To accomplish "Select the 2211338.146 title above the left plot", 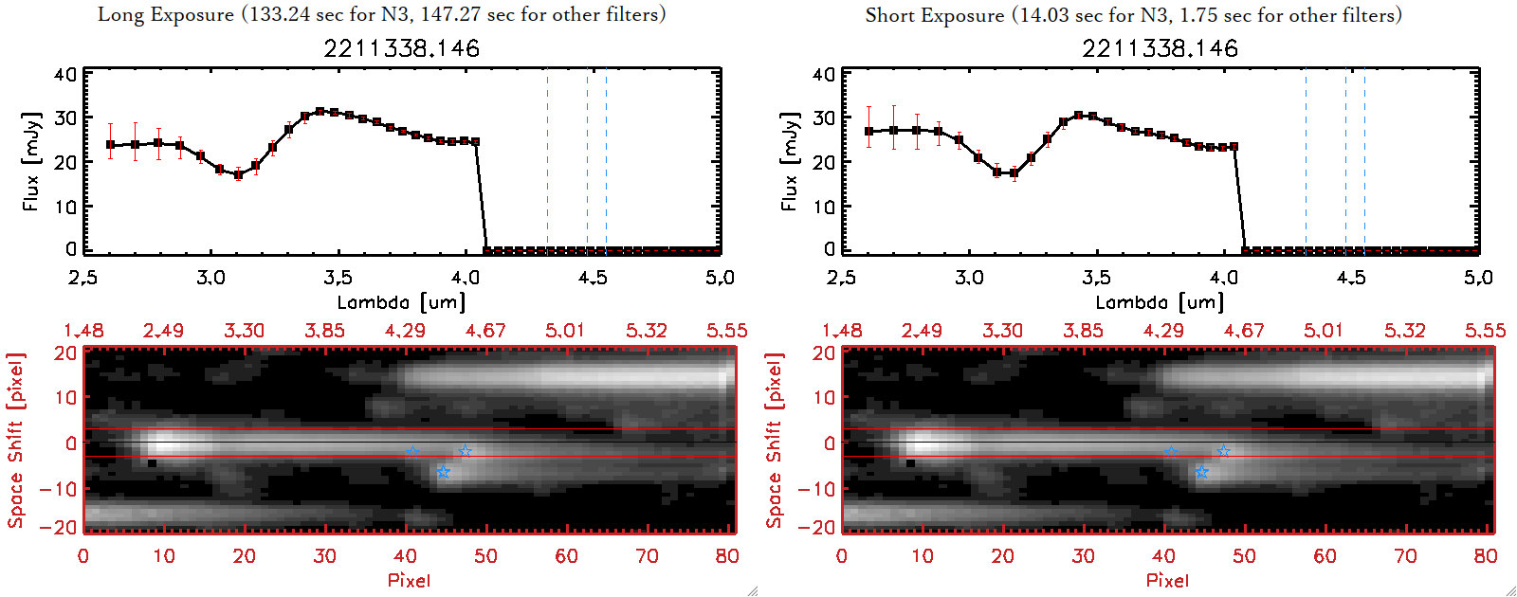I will point(401,48).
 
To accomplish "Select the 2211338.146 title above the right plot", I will point(1160,48).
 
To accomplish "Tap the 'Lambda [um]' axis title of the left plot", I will point(401,302).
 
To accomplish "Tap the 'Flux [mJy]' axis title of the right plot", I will point(789,161).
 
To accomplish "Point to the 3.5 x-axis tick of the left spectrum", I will point(338,278).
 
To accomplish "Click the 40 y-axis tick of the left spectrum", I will point(65,74).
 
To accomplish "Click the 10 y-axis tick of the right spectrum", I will point(824,206).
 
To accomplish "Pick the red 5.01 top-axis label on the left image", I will point(565,331).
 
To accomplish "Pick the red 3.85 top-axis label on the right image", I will point(1083,331).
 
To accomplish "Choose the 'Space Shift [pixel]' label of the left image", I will point(15,441).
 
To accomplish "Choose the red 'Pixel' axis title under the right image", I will point(1167,580).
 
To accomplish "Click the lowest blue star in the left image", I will point(443,472).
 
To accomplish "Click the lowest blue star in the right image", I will point(1201,472).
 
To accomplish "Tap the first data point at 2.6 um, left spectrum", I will point(111,145).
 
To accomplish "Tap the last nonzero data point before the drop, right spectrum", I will point(1234,147).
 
